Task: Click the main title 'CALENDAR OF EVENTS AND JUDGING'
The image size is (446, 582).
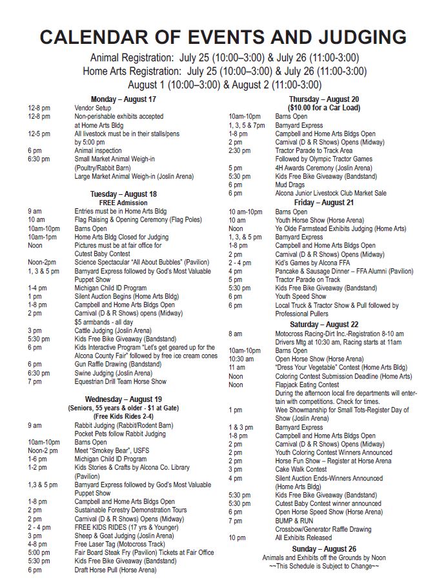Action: pyautogui.click(x=223, y=36)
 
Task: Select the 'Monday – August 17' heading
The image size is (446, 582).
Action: pyautogui.click(x=123, y=99)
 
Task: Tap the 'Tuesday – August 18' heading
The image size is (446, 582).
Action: pyautogui.click(x=123, y=194)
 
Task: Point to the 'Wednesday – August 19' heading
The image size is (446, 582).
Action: pyautogui.click(x=123, y=399)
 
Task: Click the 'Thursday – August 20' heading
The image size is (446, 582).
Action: pyautogui.click(x=324, y=99)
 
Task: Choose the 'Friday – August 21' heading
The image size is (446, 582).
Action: pyautogui.click(x=324, y=202)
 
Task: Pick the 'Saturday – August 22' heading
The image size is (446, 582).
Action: pyautogui.click(x=324, y=324)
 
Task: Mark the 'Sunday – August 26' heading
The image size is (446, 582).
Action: pyautogui.click(x=324, y=548)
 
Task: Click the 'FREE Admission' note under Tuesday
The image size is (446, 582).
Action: pyautogui.click(x=123, y=202)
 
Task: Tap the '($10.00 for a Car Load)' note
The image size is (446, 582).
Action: pyautogui.click(x=324, y=108)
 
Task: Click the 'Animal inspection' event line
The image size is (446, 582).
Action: pyautogui.click(x=97, y=150)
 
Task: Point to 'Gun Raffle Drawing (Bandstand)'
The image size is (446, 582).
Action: pyautogui.click(x=118, y=364)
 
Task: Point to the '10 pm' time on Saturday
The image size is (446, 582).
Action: pyautogui.click(x=236, y=537)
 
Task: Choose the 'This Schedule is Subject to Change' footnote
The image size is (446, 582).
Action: pyautogui.click(x=324, y=566)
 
